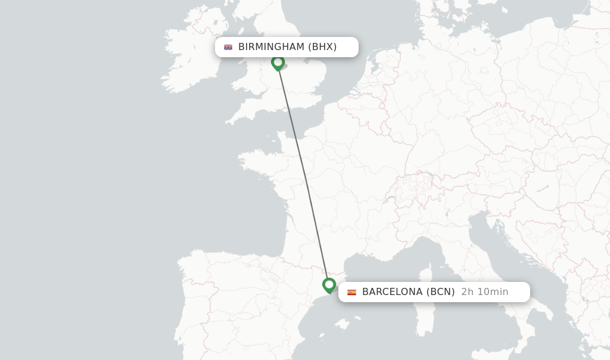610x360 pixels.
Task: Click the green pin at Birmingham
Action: click(278, 62)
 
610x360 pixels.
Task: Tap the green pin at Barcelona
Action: click(329, 285)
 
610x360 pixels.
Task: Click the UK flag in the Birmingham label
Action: click(228, 47)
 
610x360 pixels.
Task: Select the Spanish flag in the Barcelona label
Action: click(352, 292)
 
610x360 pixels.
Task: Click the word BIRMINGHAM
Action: click(271, 47)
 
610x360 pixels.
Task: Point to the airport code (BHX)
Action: click(322, 47)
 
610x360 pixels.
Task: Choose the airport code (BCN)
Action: click(440, 292)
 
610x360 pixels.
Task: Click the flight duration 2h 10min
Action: click(485, 292)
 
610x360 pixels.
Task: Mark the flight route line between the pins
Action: click(303, 173)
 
